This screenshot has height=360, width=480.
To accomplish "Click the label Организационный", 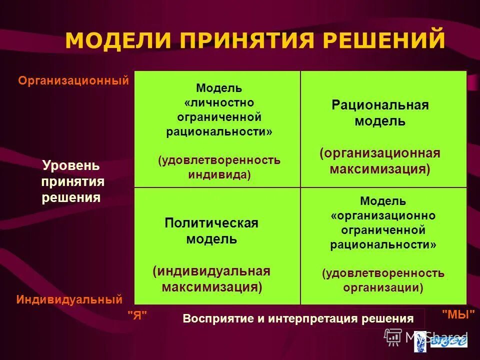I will click(x=73, y=80).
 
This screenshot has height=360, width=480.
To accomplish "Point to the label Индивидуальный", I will click(x=69, y=299).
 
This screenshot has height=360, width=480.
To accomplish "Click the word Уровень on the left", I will click(x=71, y=165).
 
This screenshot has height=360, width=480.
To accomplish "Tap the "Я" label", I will click(x=137, y=315).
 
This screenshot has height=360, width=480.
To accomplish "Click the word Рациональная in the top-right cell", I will click(x=380, y=105).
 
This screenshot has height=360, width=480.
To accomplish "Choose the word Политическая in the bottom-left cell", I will click(x=211, y=223).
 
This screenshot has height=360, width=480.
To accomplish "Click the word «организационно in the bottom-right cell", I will click(x=383, y=215).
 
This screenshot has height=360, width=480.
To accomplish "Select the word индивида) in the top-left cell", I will click(x=219, y=175).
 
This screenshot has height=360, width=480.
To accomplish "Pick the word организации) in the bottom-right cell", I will click(x=383, y=287).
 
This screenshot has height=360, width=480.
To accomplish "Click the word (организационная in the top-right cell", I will click(x=380, y=153).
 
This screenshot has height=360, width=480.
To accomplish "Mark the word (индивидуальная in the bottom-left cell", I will click(x=211, y=271).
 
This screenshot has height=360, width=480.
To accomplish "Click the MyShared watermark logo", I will click(x=427, y=336).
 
